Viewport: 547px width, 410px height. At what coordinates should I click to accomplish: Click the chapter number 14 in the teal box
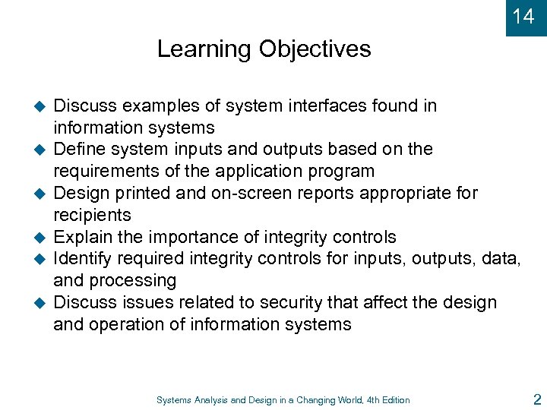click(523, 16)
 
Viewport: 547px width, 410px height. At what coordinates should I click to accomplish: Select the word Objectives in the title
click(315, 49)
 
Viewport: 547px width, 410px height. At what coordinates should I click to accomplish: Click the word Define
click(78, 150)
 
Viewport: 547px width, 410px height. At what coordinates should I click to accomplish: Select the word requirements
click(99, 171)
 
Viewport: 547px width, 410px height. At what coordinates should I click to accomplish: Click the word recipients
click(92, 215)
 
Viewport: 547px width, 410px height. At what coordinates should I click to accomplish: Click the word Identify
click(82, 259)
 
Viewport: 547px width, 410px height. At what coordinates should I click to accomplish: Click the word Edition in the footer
click(393, 400)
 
